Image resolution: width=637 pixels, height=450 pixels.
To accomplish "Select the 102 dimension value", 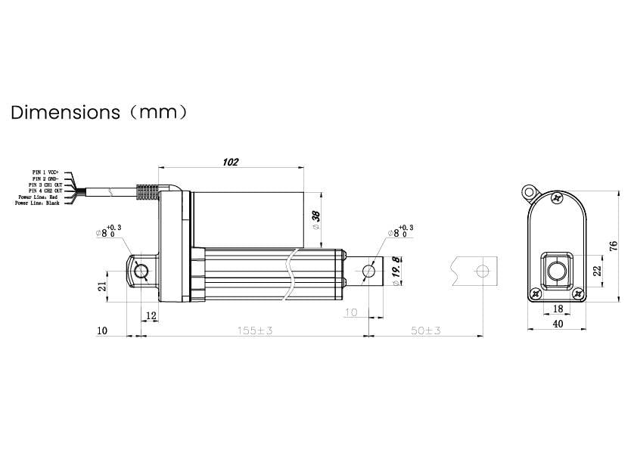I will click(230, 162).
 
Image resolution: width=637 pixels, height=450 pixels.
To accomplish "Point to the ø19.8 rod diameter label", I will click(395, 271).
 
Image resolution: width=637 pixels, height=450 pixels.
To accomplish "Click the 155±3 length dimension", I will click(254, 331).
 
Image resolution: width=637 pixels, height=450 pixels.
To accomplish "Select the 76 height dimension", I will click(614, 245).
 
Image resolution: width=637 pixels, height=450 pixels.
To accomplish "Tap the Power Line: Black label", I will click(38, 203).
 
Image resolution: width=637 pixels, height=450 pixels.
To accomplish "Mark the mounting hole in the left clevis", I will click(141, 271).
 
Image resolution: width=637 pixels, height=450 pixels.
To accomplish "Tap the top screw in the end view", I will click(557, 199).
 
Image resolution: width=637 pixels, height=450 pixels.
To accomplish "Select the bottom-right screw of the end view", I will click(579, 293).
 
